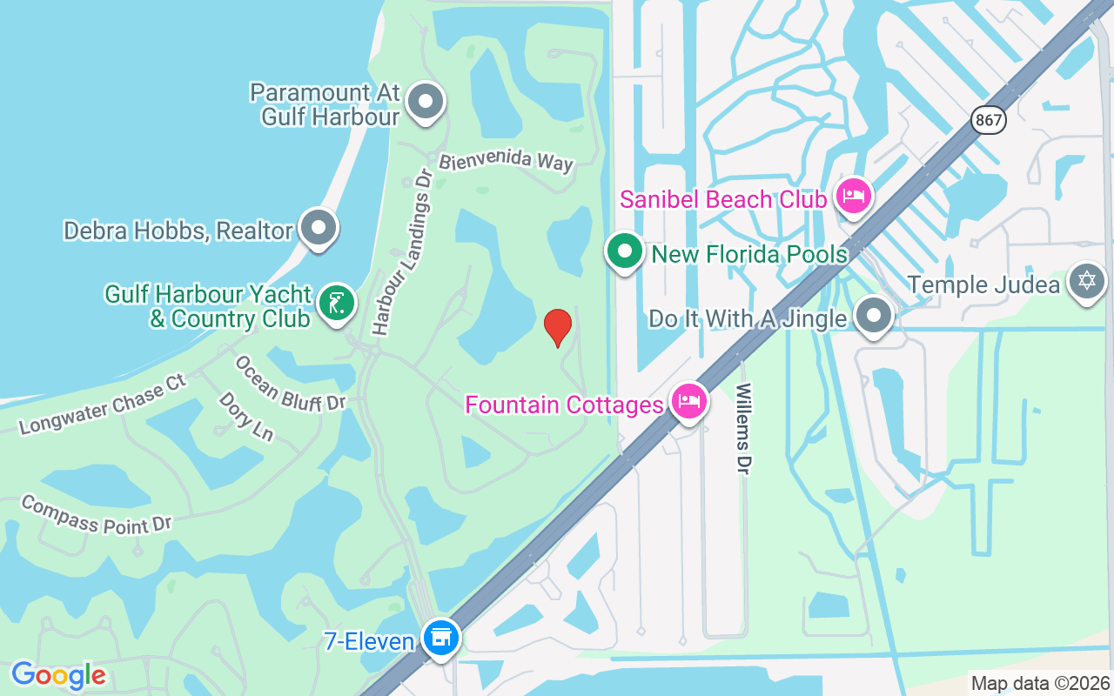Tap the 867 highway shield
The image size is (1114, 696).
pos(988,120)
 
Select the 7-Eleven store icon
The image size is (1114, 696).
pos(441,638)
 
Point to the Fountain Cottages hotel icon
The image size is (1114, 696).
pos(689,401)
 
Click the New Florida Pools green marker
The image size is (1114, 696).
pos(624,251)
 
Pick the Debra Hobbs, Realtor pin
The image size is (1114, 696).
pos(319,227)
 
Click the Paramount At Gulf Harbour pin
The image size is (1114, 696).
pos(426,102)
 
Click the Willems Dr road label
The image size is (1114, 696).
pos(743,429)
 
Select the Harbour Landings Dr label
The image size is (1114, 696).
pos(402,251)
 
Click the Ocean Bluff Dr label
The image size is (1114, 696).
pos(291,383)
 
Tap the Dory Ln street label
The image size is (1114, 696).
pos(246,416)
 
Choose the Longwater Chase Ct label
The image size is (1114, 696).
pos(103,405)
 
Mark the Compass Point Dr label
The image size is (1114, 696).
pos(97,514)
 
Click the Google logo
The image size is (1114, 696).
pos(58,675)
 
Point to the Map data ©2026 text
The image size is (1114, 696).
pos(1041,683)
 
